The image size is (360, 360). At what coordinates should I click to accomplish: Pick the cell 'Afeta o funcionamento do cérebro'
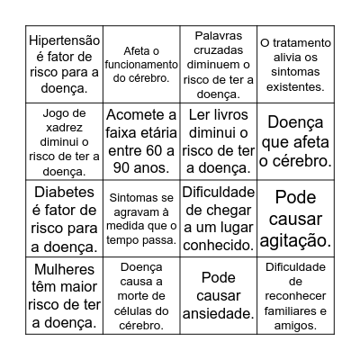(140, 64)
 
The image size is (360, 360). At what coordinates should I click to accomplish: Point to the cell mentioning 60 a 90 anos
(140, 142)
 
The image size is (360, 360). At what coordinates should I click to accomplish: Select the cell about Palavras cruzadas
(219, 64)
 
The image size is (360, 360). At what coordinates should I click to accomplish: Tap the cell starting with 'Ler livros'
(219, 142)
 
